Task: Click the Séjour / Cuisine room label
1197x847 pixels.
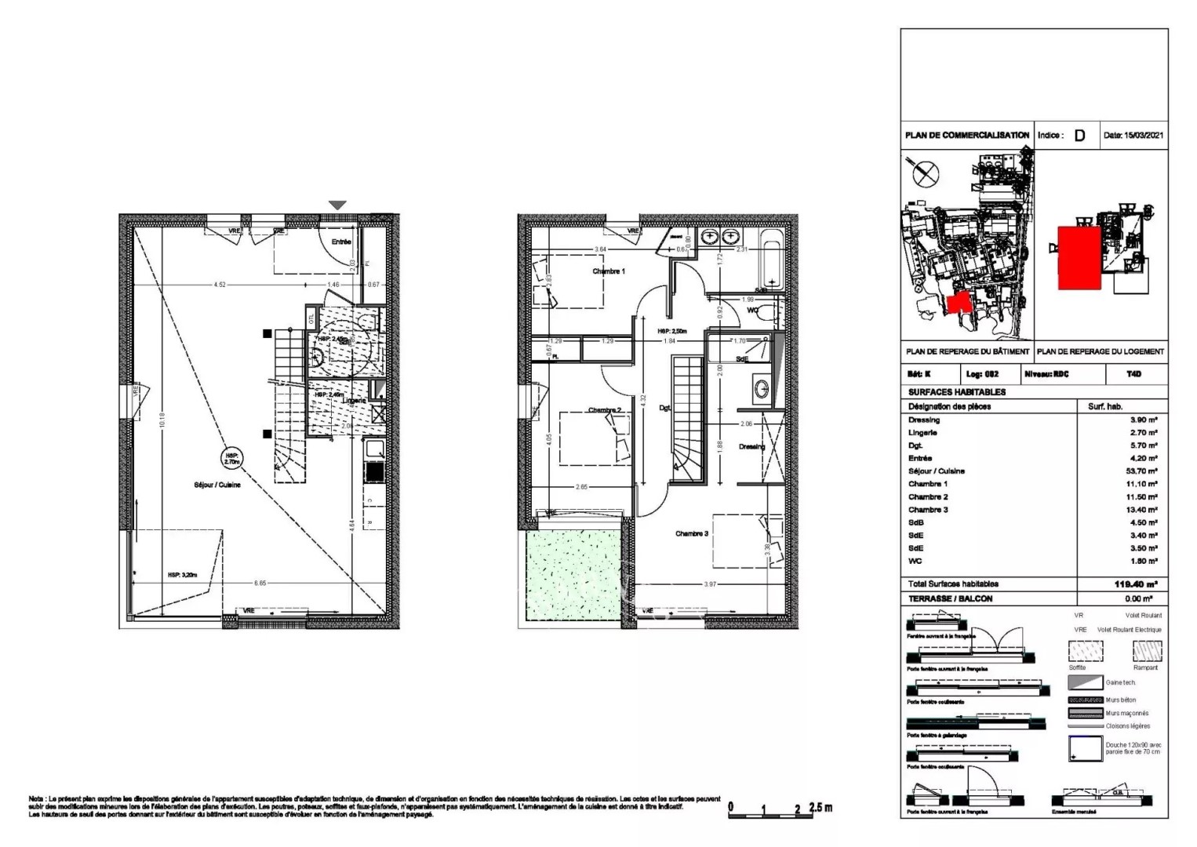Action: (217, 485)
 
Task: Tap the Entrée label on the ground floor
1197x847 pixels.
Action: (341, 242)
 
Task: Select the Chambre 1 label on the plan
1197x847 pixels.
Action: (609, 271)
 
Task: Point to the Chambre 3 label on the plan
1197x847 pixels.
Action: (691, 534)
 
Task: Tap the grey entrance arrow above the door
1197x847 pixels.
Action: (337, 205)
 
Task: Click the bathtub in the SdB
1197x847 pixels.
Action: (772, 259)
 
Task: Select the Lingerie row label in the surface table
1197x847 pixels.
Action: (922, 433)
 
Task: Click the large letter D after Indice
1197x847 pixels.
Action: (1079, 135)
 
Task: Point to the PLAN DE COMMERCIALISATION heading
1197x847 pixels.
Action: (966, 135)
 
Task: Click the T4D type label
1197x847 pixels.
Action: (1133, 374)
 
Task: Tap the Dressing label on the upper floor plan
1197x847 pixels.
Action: (751, 447)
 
